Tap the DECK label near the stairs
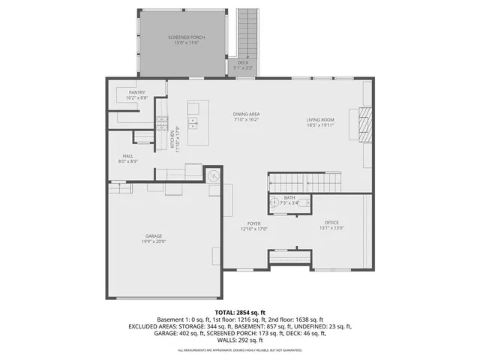pos(243,63)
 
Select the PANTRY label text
pos(136,92)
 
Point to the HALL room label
pos(128,156)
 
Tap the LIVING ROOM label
pos(320,120)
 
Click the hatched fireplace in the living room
pos(364,124)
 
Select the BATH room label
pos(289,199)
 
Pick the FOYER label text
pos(253,223)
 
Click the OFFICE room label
pos(331,223)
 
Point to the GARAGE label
pos(153,236)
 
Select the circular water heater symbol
pos(213,175)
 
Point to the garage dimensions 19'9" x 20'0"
pos(153,241)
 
